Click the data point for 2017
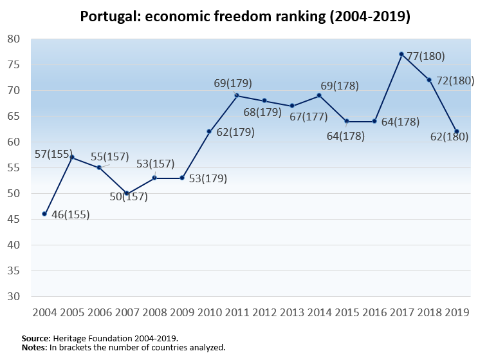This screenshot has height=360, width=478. (401, 54)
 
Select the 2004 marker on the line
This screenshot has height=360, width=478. (44, 214)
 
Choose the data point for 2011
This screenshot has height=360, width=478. (236, 95)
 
